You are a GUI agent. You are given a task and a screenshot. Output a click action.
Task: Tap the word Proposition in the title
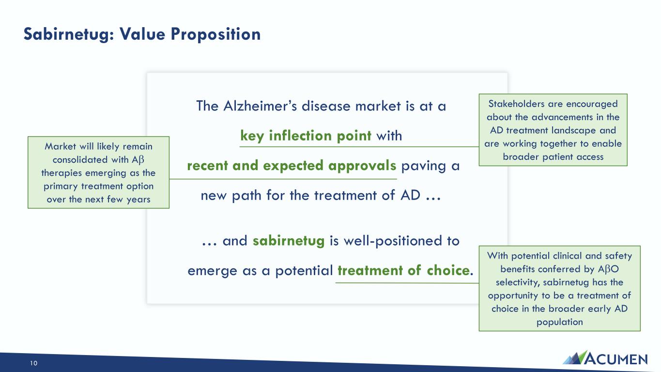[215, 34]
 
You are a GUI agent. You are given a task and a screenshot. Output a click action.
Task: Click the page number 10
[33, 363]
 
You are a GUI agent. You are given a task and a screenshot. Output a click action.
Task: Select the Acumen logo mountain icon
[575, 357]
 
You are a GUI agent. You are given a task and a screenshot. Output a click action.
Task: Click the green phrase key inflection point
[306, 136]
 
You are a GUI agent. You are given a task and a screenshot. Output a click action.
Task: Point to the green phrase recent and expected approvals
[292, 166]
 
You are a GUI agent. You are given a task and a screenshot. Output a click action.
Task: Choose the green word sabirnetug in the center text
[289, 241]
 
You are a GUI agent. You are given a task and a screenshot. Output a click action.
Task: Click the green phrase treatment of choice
[403, 270]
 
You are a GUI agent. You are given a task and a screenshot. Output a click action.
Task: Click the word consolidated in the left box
[80, 160]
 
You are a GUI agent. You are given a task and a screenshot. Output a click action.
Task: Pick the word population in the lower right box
[559, 322]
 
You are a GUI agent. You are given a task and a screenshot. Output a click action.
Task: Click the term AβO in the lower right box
[608, 269]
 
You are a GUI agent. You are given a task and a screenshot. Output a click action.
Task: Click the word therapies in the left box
[61, 173]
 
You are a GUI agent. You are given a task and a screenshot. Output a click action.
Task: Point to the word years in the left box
[138, 200]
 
